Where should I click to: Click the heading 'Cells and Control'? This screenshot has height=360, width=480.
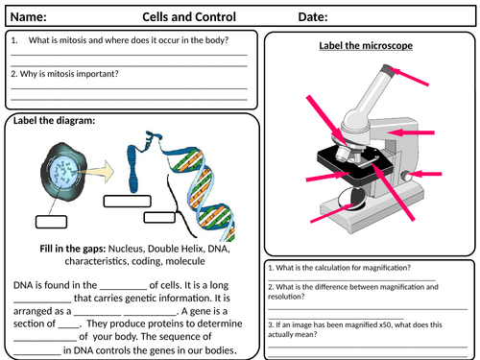[189, 17]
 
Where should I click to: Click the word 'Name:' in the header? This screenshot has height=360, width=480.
[29, 17]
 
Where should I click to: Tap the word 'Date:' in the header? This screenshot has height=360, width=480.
[313, 17]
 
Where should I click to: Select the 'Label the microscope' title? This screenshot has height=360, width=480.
[366, 46]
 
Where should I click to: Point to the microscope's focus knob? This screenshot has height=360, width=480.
[406, 177]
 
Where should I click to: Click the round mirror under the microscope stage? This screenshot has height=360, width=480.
[351, 199]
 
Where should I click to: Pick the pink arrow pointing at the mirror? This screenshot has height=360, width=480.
[332, 213]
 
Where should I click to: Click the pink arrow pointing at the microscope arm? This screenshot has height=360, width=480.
[411, 132]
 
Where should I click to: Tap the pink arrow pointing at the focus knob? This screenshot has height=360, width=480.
[426, 174]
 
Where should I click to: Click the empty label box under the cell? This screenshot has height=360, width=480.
[51, 222]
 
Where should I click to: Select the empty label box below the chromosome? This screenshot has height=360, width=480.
[128, 202]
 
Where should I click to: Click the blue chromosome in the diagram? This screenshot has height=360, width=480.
[134, 168]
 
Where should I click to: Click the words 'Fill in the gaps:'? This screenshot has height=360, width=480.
[73, 249]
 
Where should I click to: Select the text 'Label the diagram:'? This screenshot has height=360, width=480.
[54, 121]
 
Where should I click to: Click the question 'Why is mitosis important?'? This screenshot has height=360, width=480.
[69, 74]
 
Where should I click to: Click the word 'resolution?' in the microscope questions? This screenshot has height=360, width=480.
[286, 297]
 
